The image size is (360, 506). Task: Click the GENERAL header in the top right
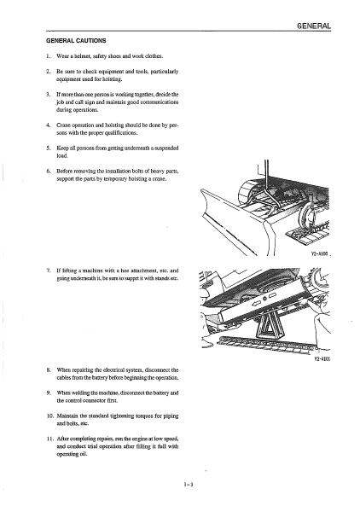tap(314, 26)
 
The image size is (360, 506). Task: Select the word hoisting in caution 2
tap(113, 79)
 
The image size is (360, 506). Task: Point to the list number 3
tap(49, 94)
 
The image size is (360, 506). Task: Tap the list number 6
tap(49, 171)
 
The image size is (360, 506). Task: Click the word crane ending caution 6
tap(160, 179)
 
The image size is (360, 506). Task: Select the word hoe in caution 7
tap(125, 270)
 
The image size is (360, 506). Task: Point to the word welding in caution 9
tap(78, 393)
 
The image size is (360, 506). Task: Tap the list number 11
tap(50, 439)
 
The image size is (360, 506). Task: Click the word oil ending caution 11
tap(84, 454)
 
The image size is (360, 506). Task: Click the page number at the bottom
tap(188, 484)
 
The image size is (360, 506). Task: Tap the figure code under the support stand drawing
tap(322, 358)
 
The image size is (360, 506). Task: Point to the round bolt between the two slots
tap(264, 299)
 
